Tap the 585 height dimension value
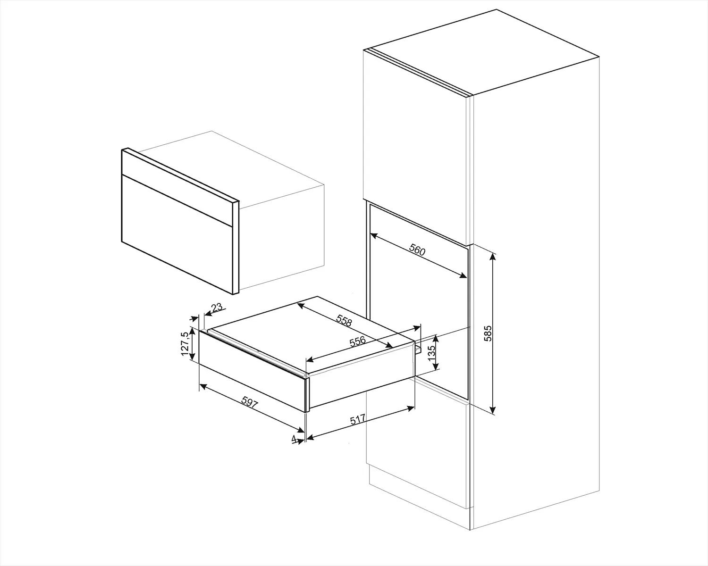(488, 333)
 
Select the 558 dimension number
(344, 321)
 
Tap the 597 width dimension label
(250, 402)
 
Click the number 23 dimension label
(217, 308)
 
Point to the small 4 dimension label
(294, 440)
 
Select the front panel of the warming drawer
(253, 370)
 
